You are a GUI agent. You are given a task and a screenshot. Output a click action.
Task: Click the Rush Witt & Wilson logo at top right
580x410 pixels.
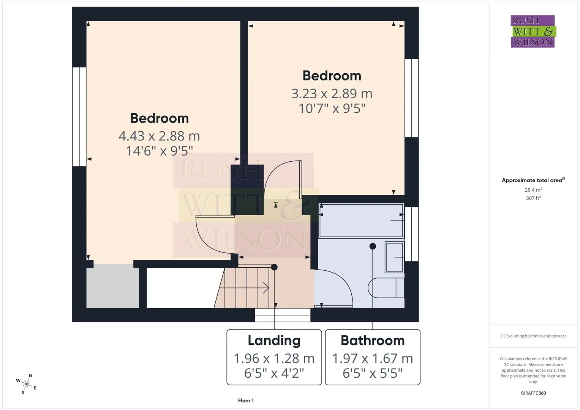(533, 31)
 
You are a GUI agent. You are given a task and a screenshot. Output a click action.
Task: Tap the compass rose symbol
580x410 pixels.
(27, 384)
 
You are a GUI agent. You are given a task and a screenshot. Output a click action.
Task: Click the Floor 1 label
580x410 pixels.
(246, 401)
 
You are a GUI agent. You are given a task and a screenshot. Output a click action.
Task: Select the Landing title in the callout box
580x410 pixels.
(274, 341)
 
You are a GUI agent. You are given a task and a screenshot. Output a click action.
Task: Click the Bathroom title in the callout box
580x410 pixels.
(373, 341)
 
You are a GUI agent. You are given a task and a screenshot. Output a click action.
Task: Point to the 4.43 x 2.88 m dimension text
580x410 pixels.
(159, 136)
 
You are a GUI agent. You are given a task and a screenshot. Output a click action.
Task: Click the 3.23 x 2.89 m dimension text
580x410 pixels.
(332, 93)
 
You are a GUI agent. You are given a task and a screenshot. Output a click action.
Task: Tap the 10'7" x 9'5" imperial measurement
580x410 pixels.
(332, 108)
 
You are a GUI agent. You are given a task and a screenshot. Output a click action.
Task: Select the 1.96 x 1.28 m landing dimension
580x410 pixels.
(274, 358)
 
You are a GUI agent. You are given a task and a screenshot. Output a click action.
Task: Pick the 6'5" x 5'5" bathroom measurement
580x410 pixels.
(373, 373)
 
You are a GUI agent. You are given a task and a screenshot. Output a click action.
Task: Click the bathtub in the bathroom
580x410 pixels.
(362, 221)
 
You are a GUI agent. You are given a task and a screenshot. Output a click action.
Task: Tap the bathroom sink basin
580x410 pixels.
(395, 257)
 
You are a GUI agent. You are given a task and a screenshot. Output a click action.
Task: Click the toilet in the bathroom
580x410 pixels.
(386, 288)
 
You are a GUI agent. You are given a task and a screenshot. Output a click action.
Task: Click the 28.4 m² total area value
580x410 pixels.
(533, 190)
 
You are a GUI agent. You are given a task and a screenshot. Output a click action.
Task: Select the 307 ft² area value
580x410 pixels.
(533, 198)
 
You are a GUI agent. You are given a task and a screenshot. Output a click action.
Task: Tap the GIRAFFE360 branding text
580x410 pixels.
(533, 393)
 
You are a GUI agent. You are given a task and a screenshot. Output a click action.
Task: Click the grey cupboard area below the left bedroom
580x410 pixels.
(113, 286)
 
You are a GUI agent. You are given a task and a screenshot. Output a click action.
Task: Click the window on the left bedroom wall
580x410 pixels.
(79, 117)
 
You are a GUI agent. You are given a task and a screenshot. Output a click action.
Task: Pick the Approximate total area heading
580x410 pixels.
(533, 180)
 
